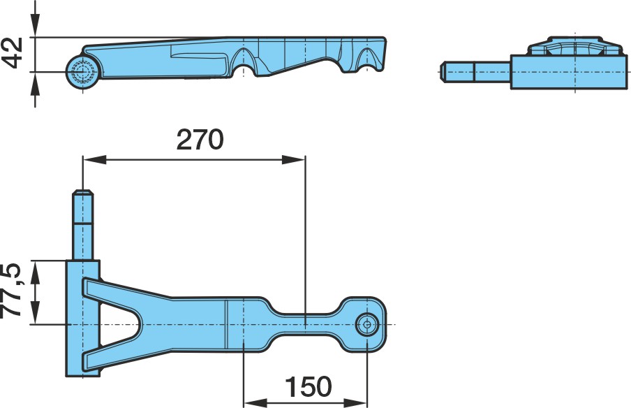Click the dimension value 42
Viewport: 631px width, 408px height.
[x=12, y=53]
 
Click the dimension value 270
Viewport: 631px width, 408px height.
[x=200, y=139]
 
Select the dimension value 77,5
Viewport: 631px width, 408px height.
[x=11, y=291]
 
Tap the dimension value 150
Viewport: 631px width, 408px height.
[x=309, y=386]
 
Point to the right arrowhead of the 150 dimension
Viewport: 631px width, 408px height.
[x=355, y=402]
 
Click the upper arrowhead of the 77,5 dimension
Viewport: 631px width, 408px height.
[x=36, y=272]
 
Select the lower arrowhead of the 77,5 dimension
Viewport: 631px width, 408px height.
[x=36, y=312]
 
